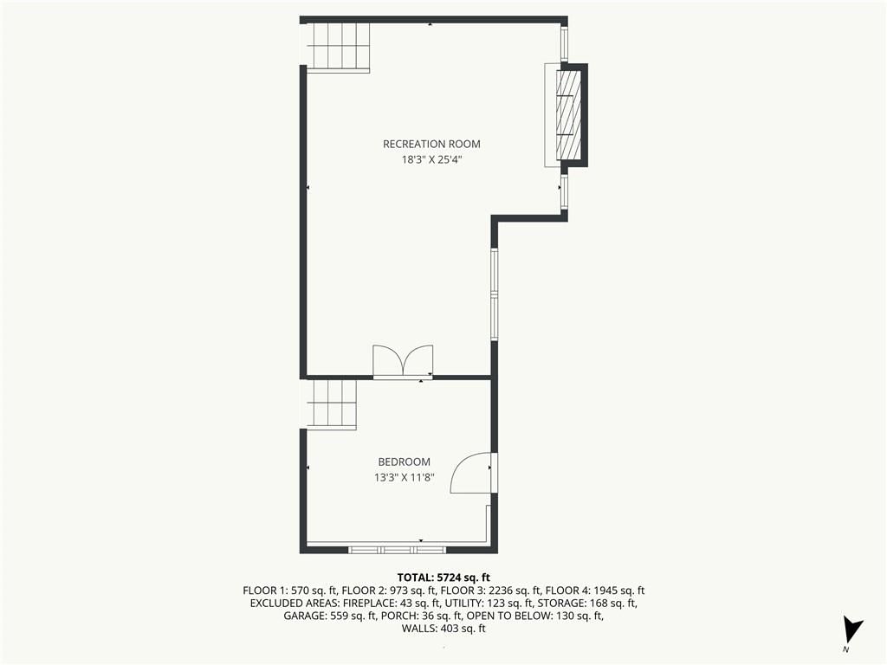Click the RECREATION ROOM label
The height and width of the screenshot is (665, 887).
coord(431,145)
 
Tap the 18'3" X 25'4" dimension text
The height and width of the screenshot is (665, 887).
coord(431,159)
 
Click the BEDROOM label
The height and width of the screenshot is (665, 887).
coord(404,462)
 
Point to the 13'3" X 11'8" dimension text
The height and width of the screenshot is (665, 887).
coord(404,478)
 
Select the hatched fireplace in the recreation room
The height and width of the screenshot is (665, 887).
coord(569,115)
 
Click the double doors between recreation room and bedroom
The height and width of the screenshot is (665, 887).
coord(403,361)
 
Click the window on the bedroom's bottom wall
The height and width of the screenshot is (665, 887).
coord(397,550)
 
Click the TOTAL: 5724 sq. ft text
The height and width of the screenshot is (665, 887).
coord(443,578)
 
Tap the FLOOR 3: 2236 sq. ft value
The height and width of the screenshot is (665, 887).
coord(491,591)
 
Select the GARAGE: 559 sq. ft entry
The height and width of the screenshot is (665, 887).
coord(330,616)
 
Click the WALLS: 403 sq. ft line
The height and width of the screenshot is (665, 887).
coord(443,629)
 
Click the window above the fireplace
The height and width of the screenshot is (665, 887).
coord(564,43)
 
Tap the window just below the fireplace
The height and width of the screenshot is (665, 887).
coord(564,192)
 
